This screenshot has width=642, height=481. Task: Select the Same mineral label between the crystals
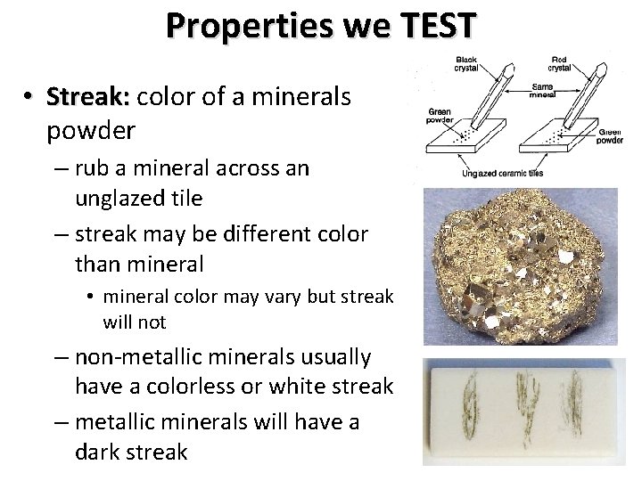point(541,89)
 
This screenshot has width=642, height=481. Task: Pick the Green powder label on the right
point(609,136)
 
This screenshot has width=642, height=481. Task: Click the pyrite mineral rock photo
point(519,267)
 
